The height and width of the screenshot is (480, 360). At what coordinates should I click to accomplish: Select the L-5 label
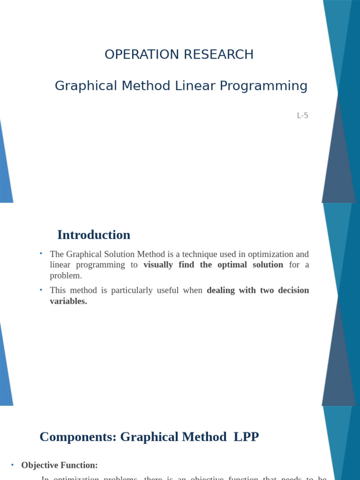point(302,115)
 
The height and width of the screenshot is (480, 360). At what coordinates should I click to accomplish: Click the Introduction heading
point(94,235)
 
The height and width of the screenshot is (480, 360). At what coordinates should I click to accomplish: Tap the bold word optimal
point(232,265)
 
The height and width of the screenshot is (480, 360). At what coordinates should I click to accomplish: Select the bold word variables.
point(68,301)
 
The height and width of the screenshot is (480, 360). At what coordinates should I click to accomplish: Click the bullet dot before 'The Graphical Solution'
point(41,254)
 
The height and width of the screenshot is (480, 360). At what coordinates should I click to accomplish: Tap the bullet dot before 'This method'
point(41,290)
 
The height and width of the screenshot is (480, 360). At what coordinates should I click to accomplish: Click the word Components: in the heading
point(78,437)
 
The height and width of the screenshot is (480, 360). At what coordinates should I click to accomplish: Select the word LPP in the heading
point(246,437)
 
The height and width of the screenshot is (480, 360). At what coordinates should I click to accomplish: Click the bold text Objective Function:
point(60,465)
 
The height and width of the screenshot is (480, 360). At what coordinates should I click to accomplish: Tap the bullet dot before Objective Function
point(12,465)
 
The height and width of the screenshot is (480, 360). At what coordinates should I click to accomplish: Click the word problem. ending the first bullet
point(66,276)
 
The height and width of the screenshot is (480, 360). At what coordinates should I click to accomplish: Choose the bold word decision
point(293,291)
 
